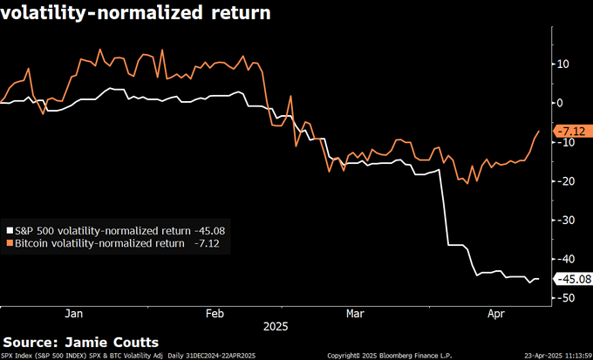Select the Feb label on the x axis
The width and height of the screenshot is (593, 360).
tap(215, 313)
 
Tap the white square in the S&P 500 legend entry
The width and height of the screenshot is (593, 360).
tap(10, 231)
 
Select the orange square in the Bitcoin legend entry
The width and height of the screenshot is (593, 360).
tap(10, 243)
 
